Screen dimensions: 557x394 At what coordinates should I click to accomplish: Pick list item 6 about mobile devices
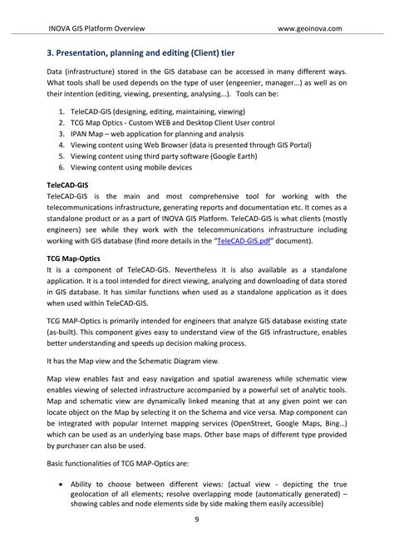click(x=137, y=167)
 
